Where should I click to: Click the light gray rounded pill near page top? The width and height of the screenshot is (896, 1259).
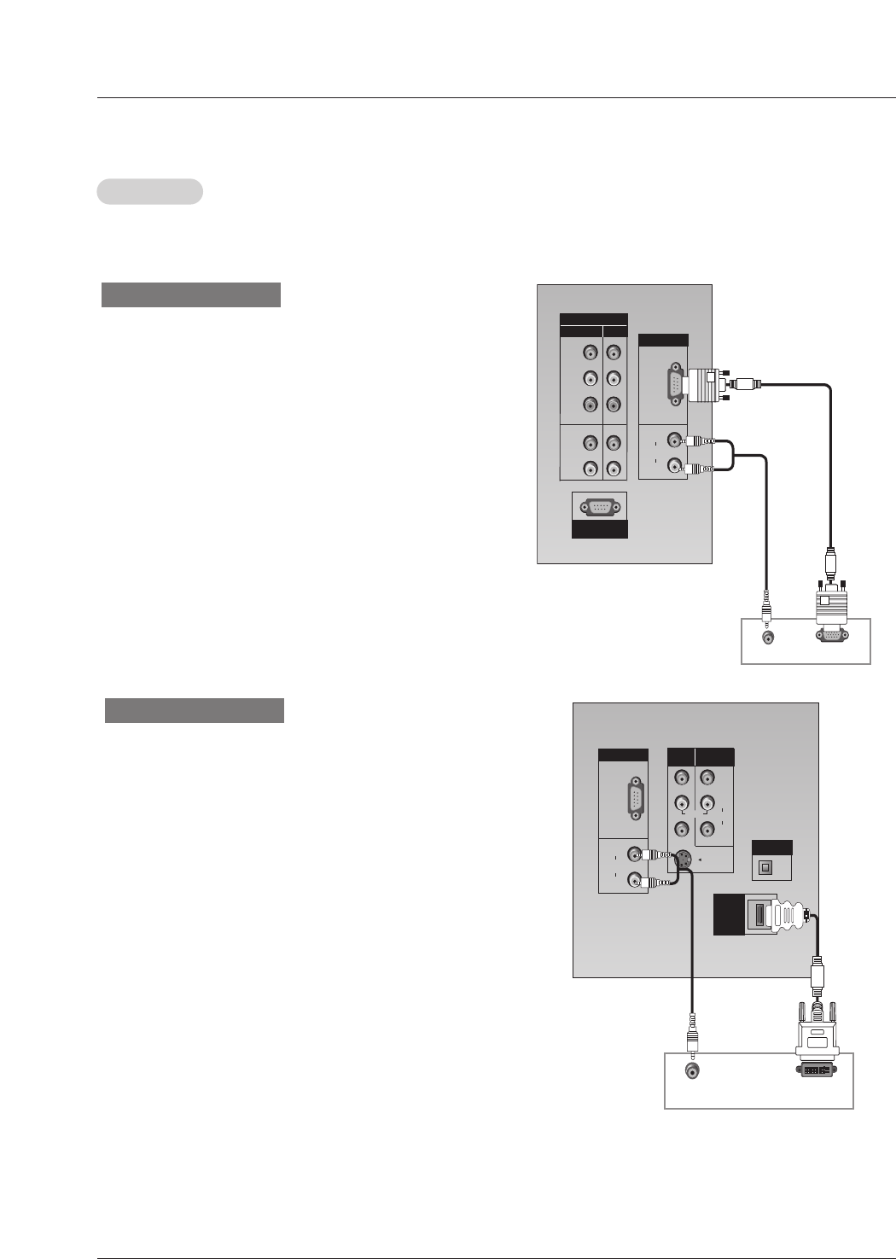click(150, 191)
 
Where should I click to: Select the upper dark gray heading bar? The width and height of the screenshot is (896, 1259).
click(191, 294)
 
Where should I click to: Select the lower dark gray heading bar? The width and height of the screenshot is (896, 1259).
click(195, 710)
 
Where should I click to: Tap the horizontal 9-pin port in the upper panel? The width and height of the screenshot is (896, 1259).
click(599, 507)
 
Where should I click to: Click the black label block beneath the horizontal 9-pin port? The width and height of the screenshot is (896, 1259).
click(599, 529)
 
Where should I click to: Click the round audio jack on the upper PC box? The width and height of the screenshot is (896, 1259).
click(768, 638)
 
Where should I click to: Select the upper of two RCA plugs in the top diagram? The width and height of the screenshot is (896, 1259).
click(701, 441)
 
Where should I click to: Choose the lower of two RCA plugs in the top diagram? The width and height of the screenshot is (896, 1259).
click(701, 468)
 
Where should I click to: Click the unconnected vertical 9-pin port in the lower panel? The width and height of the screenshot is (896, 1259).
click(636, 800)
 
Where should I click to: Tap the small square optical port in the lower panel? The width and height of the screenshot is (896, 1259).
click(765, 867)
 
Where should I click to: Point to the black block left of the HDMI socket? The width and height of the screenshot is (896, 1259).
click(728, 914)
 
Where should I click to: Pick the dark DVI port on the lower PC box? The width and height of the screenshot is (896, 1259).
click(817, 1069)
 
